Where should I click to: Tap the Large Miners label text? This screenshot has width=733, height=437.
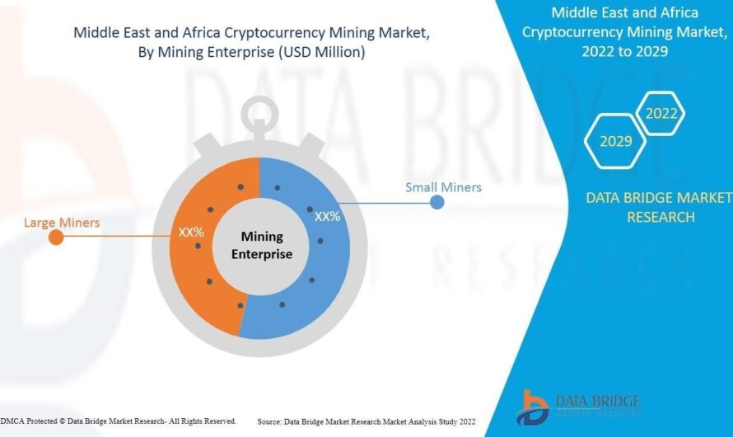point(62,223)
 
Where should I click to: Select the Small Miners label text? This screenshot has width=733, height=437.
point(443,187)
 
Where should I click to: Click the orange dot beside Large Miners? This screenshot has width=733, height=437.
point(56,238)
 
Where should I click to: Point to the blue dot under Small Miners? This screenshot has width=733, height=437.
point(437,202)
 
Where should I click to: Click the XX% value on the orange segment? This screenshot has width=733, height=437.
point(191,232)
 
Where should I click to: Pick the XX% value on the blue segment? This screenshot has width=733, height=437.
point(328,216)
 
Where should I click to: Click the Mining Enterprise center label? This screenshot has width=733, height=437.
point(261,245)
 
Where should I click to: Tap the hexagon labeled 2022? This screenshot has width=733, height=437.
point(661,114)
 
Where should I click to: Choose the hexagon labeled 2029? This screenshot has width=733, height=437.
point(615,141)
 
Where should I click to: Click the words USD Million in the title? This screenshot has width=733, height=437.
point(320,52)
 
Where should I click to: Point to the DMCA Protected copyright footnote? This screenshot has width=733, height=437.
point(119,421)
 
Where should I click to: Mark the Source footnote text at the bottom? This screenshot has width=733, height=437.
point(366,421)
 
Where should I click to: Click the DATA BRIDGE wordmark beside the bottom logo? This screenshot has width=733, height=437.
point(597,402)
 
